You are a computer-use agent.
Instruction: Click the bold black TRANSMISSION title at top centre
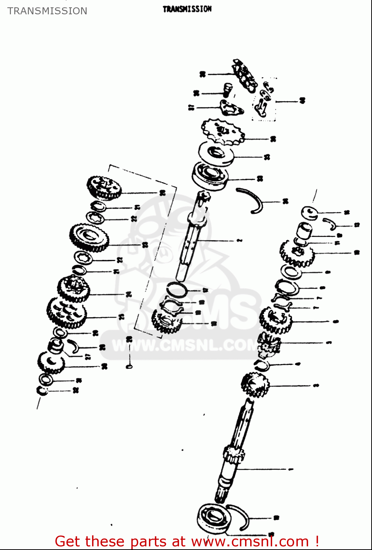point(187,9)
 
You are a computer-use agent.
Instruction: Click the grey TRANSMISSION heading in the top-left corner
point(47,11)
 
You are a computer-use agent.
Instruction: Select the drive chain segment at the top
point(245,75)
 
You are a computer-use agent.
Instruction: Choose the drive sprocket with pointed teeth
point(223,132)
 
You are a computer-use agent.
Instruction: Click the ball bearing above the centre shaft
point(210,175)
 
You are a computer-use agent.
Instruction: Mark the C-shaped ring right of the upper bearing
point(252,200)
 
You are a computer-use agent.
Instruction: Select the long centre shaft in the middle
point(193,238)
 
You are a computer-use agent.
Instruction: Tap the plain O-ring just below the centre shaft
point(176,289)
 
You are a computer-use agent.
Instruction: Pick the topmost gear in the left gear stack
point(104,187)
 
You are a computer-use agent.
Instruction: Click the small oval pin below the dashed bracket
point(129,366)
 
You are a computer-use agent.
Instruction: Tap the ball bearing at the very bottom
point(214,518)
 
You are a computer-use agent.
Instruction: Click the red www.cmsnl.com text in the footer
point(250,542)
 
